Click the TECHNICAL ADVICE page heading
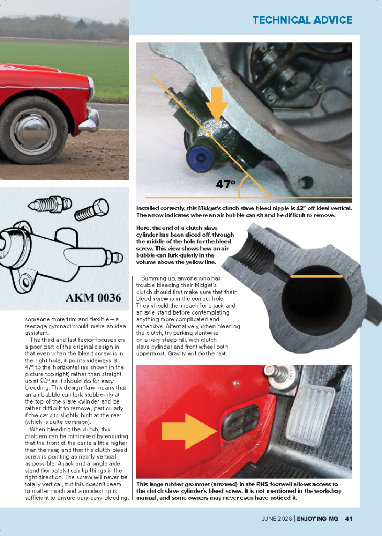point(302,20)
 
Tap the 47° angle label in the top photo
point(226,184)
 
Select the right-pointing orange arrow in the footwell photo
point(189,431)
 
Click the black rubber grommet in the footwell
point(241,422)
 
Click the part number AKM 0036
point(93,297)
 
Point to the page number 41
point(349,519)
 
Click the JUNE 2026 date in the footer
point(277,519)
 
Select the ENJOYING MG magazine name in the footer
point(318,519)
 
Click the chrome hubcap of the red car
point(33,131)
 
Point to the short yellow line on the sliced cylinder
point(317,276)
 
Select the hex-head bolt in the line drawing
point(92,209)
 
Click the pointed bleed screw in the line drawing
point(50,204)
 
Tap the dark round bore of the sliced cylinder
point(317,300)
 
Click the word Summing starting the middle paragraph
point(153,278)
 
